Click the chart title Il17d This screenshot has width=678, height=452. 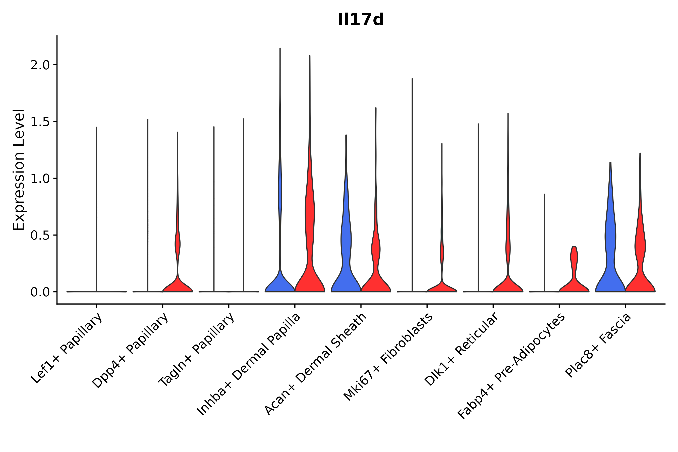click(361, 20)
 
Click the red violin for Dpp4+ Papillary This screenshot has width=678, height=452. click(178, 284)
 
